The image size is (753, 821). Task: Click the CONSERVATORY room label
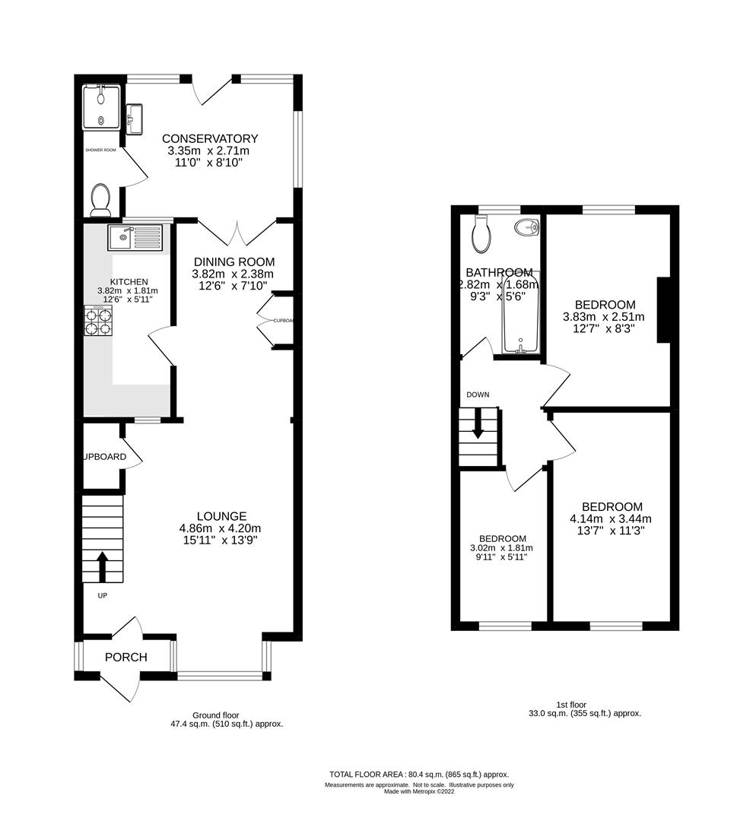(210, 138)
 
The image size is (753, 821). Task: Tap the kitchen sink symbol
(135, 237)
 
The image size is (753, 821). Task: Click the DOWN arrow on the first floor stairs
(478, 423)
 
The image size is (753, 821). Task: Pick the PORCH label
(126, 657)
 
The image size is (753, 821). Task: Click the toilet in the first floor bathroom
(481, 235)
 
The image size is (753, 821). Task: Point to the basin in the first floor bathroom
(526, 227)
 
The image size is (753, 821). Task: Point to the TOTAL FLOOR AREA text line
(419, 774)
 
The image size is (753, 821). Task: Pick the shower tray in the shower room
(101, 106)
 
